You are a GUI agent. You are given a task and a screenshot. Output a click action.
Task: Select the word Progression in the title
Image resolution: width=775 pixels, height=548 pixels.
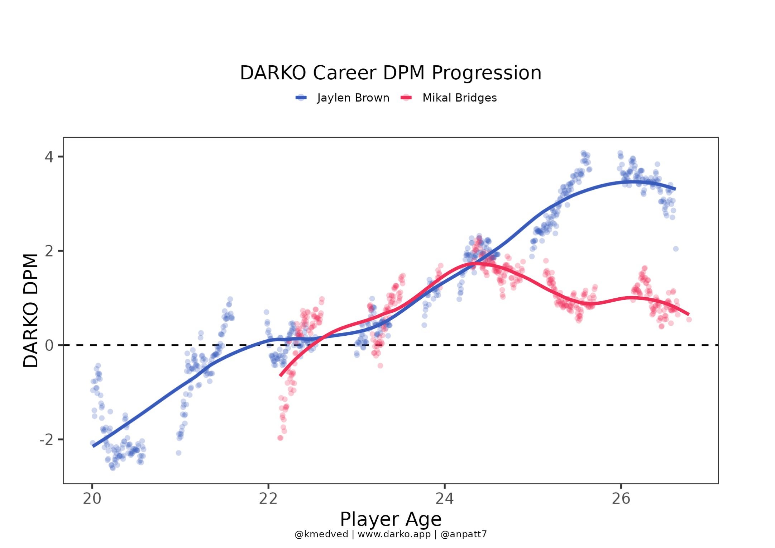(486, 73)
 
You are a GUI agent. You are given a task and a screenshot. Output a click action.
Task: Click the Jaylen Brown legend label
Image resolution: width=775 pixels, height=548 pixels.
(353, 98)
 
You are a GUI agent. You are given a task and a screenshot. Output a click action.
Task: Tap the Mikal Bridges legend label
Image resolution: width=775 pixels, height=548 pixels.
(459, 98)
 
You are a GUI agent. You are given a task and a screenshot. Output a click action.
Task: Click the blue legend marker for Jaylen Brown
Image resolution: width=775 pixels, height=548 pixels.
(301, 98)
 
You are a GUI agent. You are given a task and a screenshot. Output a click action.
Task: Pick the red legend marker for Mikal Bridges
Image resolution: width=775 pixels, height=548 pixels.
(406, 98)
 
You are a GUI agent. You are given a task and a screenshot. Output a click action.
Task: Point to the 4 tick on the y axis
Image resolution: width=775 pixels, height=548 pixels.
(49, 157)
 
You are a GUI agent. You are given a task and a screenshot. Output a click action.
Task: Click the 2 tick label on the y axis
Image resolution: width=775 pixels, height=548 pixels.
(49, 251)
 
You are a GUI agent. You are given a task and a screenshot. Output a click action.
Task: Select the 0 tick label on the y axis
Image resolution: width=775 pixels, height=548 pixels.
(49, 345)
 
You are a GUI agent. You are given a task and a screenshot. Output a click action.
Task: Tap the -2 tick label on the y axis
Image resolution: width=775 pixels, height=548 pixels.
(47, 440)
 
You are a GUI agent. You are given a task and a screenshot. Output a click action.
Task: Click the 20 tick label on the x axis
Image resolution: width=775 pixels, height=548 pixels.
(92, 499)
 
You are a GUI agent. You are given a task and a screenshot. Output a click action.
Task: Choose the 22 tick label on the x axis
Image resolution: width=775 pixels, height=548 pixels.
(268, 499)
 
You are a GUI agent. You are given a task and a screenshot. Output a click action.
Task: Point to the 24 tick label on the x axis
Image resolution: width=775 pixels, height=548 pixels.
(445, 499)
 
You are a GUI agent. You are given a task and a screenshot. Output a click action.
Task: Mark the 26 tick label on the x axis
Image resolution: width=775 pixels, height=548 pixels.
(621, 499)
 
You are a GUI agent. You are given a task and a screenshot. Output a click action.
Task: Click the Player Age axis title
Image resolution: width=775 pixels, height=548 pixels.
(391, 519)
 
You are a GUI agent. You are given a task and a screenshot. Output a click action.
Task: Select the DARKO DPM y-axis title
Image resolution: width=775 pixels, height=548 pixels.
(31, 310)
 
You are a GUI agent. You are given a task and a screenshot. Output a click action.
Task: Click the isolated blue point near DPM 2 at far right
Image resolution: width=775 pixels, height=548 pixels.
(675, 249)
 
